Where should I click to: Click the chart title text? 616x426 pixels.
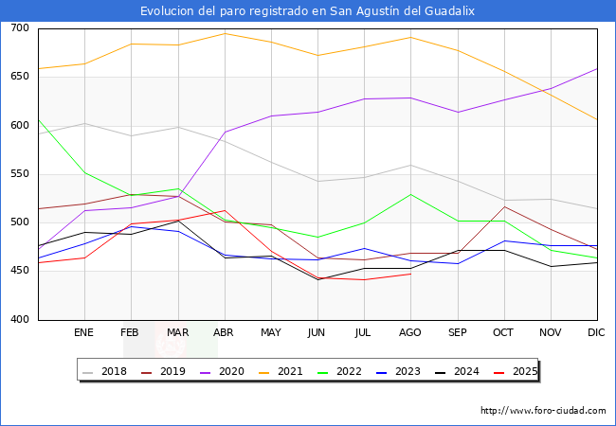pyautogui.click(x=307, y=11)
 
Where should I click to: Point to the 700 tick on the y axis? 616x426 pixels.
pyautogui.click(x=19, y=28)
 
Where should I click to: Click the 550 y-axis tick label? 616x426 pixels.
pyautogui.click(x=19, y=174)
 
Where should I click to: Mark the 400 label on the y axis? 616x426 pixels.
pyautogui.click(x=19, y=320)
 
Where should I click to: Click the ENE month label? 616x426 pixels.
pyautogui.click(x=84, y=333)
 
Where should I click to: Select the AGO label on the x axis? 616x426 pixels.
pyautogui.click(x=410, y=333)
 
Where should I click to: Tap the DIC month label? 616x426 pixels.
pyautogui.click(x=597, y=333)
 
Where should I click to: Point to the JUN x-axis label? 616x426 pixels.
pyautogui.click(x=317, y=333)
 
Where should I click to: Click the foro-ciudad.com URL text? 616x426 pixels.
pyautogui.click(x=543, y=411)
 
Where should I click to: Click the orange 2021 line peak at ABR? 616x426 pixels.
pyautogui.click(x=225, y=33)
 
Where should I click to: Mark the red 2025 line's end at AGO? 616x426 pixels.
pyautogui.click(x=410, y=274)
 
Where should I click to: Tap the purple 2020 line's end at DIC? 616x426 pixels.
pyautogui.click(x=597, y=68)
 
